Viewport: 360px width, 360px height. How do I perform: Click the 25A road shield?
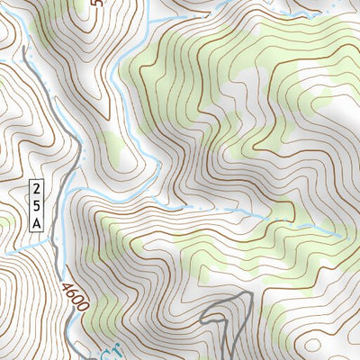37,205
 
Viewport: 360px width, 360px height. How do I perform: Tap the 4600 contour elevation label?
76,297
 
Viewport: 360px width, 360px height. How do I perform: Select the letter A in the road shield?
37,221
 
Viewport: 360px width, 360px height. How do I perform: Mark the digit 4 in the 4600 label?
67,287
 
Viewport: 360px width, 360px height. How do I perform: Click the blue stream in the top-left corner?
20,40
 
